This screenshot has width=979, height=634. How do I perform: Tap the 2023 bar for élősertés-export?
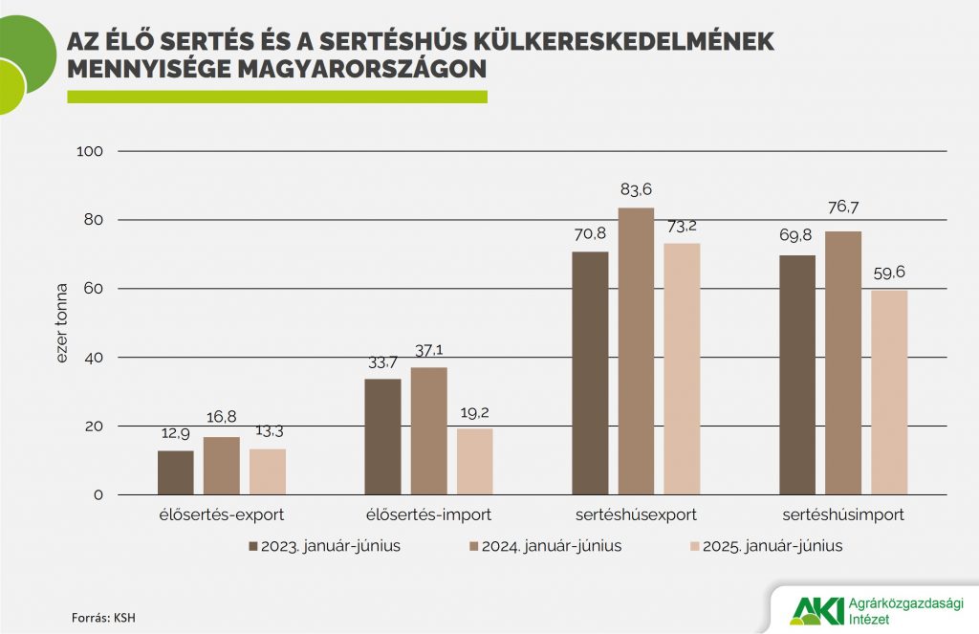pos(176,472)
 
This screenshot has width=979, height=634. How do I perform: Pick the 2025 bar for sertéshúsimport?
pos(889,392)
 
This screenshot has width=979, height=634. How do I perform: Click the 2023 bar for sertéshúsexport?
pos(590,373)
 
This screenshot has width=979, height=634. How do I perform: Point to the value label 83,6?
pos(636,189)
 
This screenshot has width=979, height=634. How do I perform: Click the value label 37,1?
pos(429,350)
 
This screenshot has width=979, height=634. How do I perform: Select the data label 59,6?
pos(889,273)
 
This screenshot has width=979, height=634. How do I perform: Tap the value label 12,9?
pos(176,433)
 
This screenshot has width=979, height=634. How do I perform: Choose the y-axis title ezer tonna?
pos(62,323)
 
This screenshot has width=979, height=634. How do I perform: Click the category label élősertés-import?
pos(429,514)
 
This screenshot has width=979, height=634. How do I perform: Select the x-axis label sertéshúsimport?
pos(843,514)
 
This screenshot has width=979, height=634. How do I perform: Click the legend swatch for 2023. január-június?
pos(253,546)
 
